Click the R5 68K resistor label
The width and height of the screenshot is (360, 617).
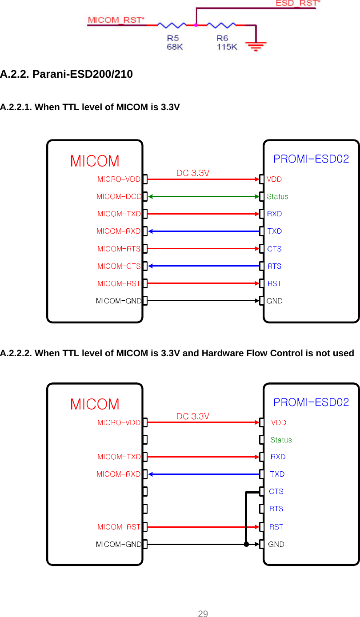[x=175, y=43]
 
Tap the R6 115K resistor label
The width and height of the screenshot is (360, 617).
[x=227, y=43]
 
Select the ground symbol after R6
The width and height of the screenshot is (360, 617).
[x=256, y=45]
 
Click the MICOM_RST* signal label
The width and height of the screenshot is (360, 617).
[x=116, y=20]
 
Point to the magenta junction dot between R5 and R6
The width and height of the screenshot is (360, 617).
[x=196, y=25]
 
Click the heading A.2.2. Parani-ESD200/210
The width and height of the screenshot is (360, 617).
[x=66, y=74]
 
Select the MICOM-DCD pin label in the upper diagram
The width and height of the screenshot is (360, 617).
[x=118, y=196]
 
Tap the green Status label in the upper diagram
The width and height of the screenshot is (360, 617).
[x=277, y=196]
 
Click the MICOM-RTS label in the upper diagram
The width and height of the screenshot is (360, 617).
[x=119, y=249]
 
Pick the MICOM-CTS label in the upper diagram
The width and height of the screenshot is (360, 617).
[x=119, y=266]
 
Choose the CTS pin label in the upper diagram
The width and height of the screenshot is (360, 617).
[x=274, y=249]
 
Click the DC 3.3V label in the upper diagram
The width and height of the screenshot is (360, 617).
[x=193, y=173]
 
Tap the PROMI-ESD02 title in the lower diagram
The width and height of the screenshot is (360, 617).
[x=311, y=402]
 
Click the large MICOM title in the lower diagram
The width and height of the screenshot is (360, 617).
[x=95, y=404]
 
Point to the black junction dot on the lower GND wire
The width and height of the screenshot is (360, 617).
[x=246, y=544]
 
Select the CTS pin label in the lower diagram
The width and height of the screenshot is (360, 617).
[x=276, y=491]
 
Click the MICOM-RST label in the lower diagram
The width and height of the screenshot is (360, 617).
[x=119, y=527]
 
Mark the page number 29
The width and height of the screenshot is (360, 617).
[x=203, y=614]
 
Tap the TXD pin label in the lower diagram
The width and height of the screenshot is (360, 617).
[x=277, y=474]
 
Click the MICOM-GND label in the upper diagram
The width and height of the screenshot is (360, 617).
[x=118, y=301]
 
